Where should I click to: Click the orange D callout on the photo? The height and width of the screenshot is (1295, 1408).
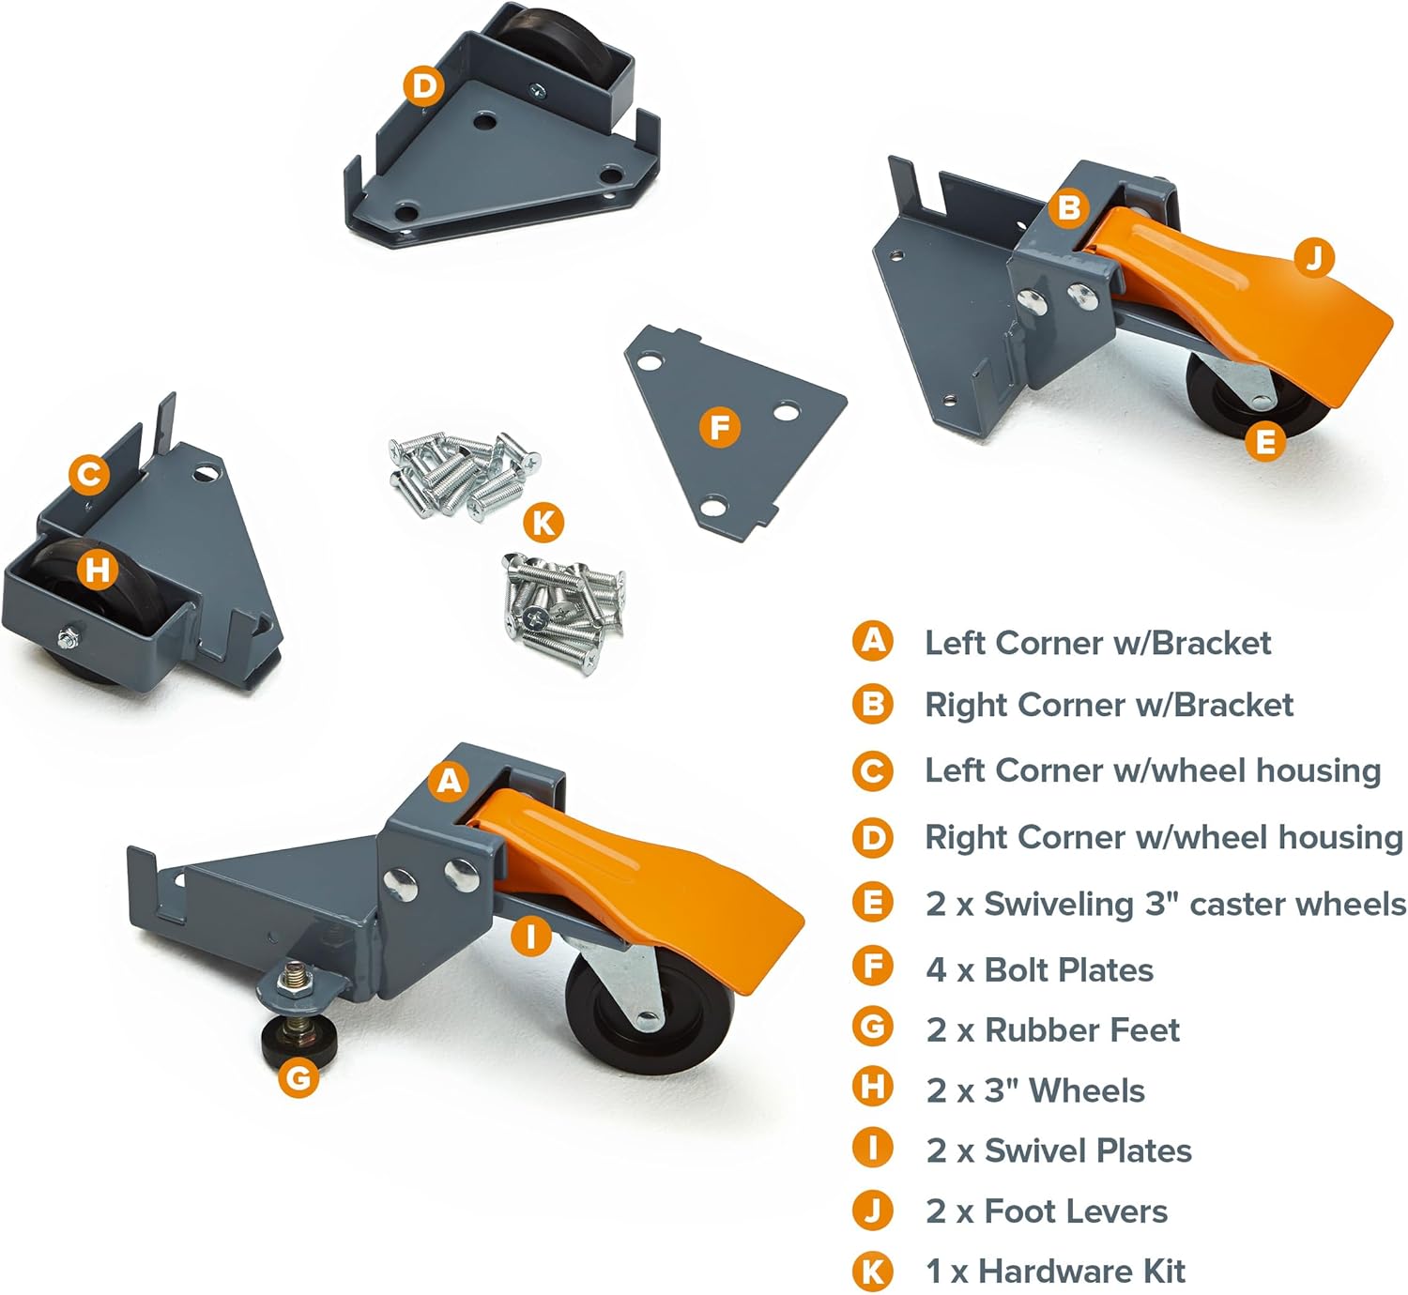pos(423,86)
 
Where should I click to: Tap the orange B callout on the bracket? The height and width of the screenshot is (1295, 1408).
pos(1069,207)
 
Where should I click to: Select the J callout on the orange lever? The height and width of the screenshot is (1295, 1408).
pos(1314,258)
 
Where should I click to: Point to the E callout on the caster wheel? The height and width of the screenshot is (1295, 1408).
pos(1264,441)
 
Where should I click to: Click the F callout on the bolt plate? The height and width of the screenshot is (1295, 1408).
pos(719,427)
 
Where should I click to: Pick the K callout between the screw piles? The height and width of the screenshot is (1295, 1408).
pos(543,522)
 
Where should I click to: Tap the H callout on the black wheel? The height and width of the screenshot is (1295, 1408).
pos(97,569)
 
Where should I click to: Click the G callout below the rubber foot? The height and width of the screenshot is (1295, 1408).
pos(298,1076)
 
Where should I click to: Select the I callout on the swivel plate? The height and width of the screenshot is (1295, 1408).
pos(530,936)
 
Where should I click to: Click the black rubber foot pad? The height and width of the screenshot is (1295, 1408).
pos(299,1041)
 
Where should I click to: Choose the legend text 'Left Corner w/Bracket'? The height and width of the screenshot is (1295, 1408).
pos(1097,643)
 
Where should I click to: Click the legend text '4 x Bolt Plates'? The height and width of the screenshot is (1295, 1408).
pos(1039,970)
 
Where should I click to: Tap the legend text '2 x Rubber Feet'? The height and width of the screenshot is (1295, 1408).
pos(1053,1030)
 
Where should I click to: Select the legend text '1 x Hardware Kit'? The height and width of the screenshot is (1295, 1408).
pos(1056,1272)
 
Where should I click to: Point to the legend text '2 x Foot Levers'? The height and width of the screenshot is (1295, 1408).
pos(1047,1211)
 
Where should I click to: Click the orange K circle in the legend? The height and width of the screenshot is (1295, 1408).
pos(872,1272)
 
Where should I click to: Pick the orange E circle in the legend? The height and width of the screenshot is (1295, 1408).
pos(872,902)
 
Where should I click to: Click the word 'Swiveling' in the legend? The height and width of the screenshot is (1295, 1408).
pos(1059,905)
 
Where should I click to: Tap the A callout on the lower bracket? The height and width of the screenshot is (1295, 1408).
pos(450,781)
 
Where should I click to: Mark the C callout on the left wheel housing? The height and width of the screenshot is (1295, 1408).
pos(89,475)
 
